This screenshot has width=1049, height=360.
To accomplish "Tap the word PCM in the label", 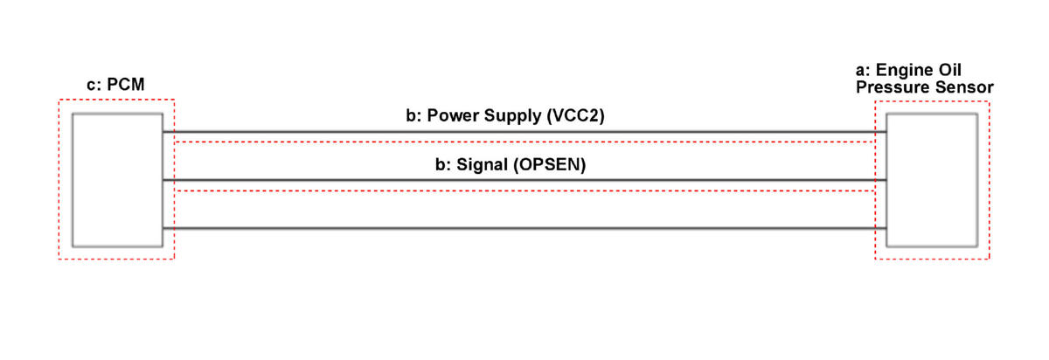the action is point(126,85).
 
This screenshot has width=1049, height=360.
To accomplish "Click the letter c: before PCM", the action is point(94,86).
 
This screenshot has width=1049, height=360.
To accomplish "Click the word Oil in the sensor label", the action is point(950,70).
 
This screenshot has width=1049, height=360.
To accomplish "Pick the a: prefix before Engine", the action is point(863,70).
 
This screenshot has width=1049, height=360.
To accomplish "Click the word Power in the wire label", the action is point(454,115).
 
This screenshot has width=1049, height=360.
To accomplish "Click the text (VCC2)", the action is point(575,115).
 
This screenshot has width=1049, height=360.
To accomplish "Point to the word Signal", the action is point(483,165).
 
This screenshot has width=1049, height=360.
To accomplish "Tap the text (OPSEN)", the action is point(550,165).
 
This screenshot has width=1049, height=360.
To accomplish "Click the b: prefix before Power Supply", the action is point(414,115).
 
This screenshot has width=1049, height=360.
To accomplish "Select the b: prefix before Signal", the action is point(443,164).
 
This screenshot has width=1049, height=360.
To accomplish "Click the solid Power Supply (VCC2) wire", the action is point(524,132).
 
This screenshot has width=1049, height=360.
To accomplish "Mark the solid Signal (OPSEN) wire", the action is point(524,180).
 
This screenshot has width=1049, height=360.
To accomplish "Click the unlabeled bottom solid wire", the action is point(524,228).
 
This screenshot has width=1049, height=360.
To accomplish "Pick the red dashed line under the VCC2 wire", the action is point(524,142).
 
